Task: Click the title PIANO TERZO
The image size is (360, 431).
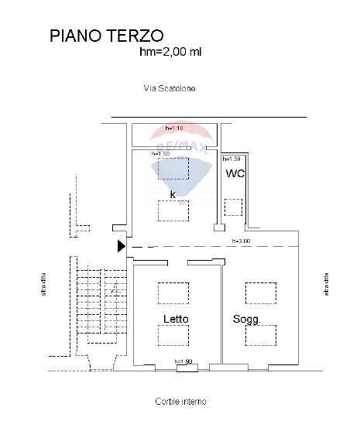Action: tap(106, 36)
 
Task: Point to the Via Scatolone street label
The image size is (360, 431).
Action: tap(170, 88)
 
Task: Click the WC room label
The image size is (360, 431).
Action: tap(235, 173)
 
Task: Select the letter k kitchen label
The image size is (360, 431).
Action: tap(173, 194)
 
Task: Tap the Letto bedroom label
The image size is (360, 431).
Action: tap(176, 319)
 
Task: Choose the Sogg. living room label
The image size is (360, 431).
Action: tap(246, 320)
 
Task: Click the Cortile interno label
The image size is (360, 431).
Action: tap(180, 402)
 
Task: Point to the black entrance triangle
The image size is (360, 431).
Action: tap(120, 246)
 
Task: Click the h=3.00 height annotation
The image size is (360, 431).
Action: tap(241, 241)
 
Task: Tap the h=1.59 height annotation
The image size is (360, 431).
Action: tap(232, 158)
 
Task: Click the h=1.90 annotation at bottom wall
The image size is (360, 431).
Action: tap(183, 362)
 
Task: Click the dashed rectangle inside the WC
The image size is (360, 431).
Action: tap(233, 207)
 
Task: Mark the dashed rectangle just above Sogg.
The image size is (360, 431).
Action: tap(261, 293)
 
